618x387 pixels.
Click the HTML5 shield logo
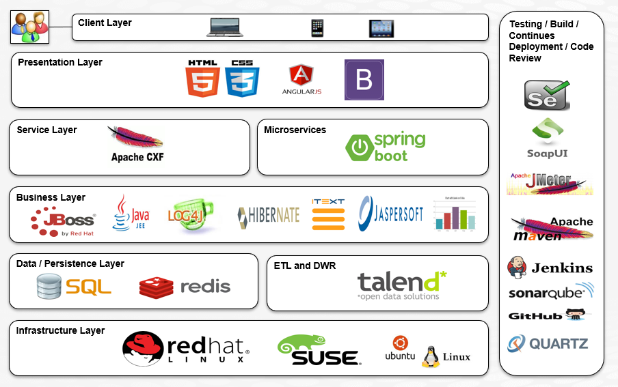click(202, 78)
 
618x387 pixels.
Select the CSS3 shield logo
click(242, 78)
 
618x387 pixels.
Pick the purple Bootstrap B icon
click(364, 80)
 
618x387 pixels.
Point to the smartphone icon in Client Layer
click(317, 28)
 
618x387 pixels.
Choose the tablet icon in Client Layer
click(381, 28)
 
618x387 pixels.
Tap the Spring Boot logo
click(386, 147)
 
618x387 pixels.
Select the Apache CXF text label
click(137, 158)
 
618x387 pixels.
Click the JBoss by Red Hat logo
click(63, 220)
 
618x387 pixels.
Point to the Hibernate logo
click(269, 216)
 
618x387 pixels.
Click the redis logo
click(185, 287)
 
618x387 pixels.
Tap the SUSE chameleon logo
click(319, 349)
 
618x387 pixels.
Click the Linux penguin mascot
click(430, 356)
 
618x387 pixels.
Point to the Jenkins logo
click(550, 268)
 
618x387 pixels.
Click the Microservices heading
click(295, 130)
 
